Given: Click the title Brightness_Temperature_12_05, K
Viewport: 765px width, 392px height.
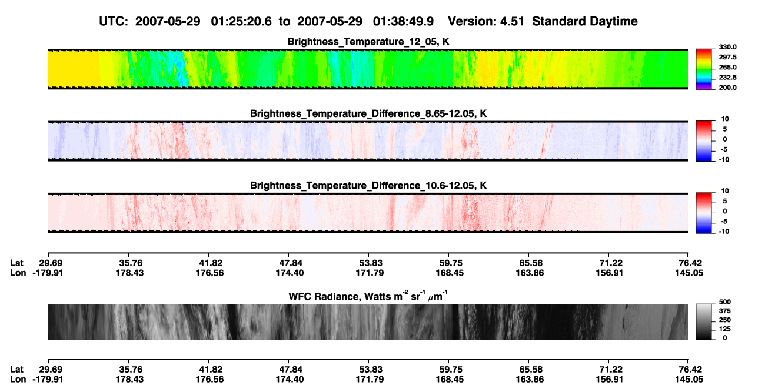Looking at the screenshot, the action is (368, 42).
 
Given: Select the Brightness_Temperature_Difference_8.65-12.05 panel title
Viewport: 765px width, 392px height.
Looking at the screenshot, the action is (368, 113).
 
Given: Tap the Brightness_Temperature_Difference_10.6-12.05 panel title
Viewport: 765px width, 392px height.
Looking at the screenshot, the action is (368, 186).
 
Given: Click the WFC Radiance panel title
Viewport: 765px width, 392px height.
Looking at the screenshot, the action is (368, 296).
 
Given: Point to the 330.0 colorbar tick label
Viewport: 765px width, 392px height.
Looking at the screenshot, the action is (727, 47).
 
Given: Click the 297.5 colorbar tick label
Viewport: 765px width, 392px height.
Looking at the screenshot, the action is (727, 58).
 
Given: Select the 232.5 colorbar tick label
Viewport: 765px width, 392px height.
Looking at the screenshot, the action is (727, 78).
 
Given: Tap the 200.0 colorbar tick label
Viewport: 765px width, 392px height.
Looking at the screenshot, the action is (727, 88).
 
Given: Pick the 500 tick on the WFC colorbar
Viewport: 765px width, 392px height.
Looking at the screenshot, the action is (725, 302).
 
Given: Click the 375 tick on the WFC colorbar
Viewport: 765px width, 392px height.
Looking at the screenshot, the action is (725, 311).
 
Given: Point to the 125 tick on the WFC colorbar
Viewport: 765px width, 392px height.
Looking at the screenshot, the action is (725, 329).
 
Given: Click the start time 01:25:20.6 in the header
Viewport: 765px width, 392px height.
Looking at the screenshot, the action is (241, 22).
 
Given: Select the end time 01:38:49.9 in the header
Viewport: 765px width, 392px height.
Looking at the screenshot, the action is (403, 22).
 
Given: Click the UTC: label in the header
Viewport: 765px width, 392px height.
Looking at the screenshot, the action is (114, 22).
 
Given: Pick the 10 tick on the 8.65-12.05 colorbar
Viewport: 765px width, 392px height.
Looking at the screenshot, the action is (725, 119).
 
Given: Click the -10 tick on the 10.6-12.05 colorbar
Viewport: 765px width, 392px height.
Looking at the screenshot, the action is (724, 232).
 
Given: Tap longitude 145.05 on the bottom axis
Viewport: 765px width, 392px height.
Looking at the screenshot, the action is (689, 380).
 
